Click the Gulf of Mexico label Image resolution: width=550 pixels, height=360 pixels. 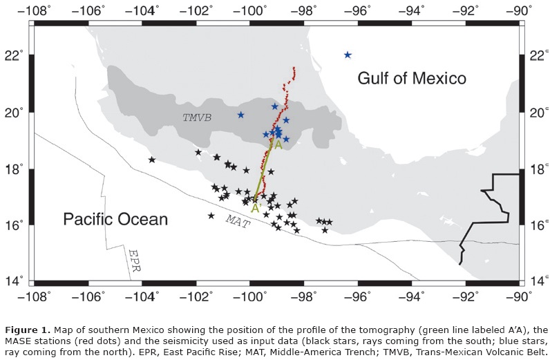point(411,78)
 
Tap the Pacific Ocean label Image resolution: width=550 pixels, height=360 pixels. point(115,220)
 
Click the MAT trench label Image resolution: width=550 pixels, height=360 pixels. point(237,220)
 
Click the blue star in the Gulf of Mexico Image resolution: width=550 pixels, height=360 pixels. point(348,55)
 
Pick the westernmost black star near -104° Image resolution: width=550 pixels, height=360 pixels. point(152,160)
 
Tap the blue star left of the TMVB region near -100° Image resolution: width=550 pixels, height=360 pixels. point(240,115)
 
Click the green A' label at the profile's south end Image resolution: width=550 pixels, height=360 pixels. point(255,207)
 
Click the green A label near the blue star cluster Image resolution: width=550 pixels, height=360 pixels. point(278,146)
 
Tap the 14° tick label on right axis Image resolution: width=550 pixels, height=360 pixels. point(536,281)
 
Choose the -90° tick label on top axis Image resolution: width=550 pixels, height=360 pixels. point(520,10)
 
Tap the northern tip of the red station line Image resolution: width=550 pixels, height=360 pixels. point(294,68)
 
